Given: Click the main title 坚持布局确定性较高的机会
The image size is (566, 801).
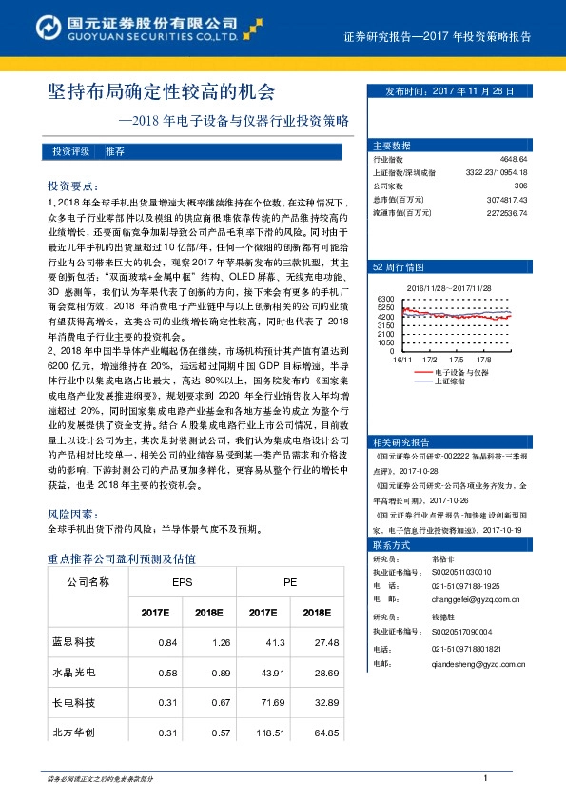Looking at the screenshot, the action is tap(162, 93).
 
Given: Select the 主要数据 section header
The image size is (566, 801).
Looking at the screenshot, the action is tap(392, 146).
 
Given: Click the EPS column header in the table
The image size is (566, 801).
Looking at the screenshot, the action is tap(182, 582).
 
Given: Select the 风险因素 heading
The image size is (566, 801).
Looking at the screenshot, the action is tap(69, 513).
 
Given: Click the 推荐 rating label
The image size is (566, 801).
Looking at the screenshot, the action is tap(114, 152).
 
